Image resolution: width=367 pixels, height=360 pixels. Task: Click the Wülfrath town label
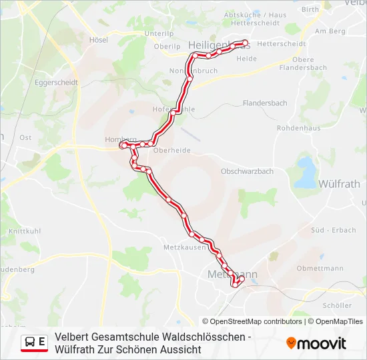click(340, 183)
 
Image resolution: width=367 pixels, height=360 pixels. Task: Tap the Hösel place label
click(98, 40)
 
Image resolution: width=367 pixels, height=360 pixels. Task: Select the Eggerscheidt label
click(56, 83)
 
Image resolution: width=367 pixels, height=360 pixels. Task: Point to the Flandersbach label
click(264, 103)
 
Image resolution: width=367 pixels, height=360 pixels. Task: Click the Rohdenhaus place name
click(298, 128)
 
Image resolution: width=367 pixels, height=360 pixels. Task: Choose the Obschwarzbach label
click(247, 171)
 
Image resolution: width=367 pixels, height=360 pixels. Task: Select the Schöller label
click(336, 305)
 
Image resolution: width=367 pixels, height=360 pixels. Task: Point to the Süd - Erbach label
click(333, 230)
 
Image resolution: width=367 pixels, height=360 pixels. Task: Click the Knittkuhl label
click(23, 230)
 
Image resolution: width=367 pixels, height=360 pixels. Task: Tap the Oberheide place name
click(171, 151)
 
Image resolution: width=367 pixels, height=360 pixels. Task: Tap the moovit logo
click(316, 343)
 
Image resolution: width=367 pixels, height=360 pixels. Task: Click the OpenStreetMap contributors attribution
click(252, 321)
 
